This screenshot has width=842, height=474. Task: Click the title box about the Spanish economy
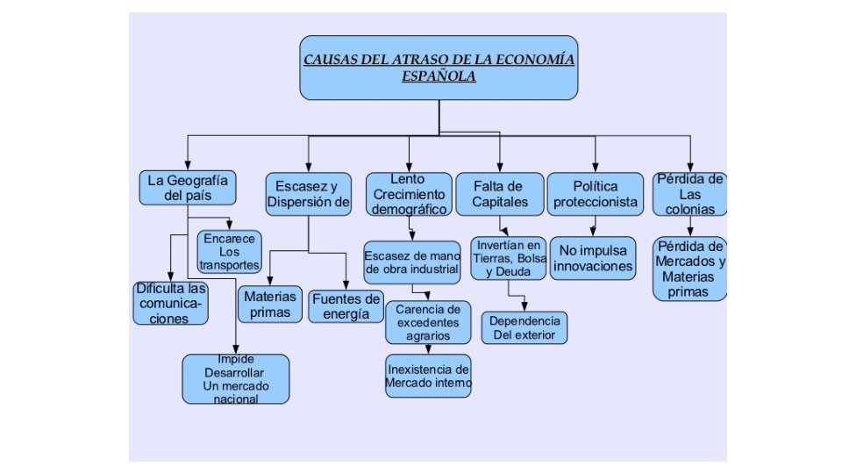tap(439, 68)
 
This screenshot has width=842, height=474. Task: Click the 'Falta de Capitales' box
tap(497, 194)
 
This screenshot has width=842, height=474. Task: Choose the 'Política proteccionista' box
tap(596, 194)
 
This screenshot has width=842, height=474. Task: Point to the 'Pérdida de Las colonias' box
tap(689, 194)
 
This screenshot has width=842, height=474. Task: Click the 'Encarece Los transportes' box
tap(230, 251)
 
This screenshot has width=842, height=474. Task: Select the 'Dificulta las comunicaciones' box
tap(171, 303)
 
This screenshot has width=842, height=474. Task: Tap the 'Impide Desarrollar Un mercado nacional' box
tap(235, 379)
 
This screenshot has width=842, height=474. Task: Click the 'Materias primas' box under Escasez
tap(270, 304)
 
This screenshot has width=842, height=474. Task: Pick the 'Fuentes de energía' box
tap(346, 306)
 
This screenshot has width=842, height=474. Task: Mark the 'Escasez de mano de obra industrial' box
tap(412, 262)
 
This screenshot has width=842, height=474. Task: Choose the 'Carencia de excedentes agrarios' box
tap(427, 322)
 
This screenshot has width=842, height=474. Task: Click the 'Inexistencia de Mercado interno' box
tap(428, 375)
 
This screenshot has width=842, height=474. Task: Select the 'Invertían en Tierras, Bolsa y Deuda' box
tap(508, 257)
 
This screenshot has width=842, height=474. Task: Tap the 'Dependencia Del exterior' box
tap(524, 327)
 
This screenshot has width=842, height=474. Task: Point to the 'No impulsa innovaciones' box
tap(593, 258)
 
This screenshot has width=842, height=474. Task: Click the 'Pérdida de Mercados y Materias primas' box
tap(689, 268)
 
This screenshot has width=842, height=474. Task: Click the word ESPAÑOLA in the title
tap(439, 76)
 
